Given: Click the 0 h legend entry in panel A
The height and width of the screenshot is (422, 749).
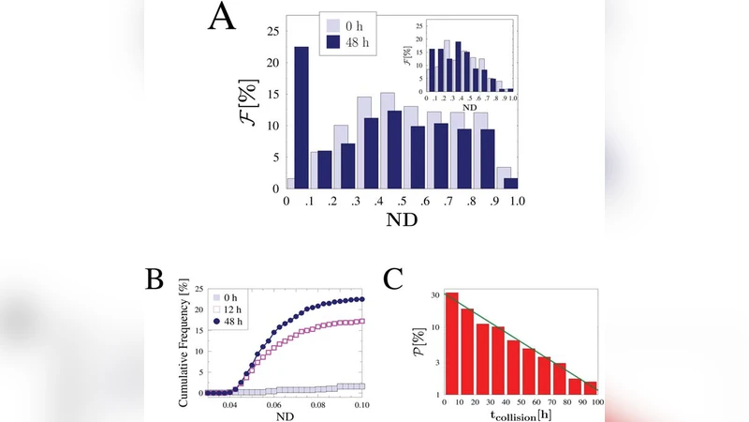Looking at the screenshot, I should point(345,25).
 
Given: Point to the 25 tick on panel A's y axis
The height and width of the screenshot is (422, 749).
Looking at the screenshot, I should point(272,31).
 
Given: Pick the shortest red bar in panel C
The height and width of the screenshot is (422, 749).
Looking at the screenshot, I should point(590,386).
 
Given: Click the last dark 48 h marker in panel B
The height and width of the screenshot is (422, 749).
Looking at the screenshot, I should point(361,299).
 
